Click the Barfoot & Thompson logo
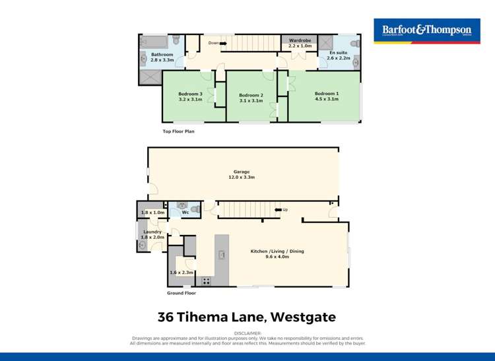427,30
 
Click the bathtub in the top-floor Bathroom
153,41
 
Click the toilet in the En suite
354,42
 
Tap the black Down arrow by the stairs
223,44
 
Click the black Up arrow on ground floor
278,210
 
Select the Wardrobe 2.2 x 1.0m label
300,43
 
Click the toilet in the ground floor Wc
195,209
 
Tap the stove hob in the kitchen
206,280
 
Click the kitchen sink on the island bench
222,255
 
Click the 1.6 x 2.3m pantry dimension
181,273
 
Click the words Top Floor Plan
178,131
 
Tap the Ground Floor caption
181,293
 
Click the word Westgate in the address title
301,317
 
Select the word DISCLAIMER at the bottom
247,334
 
